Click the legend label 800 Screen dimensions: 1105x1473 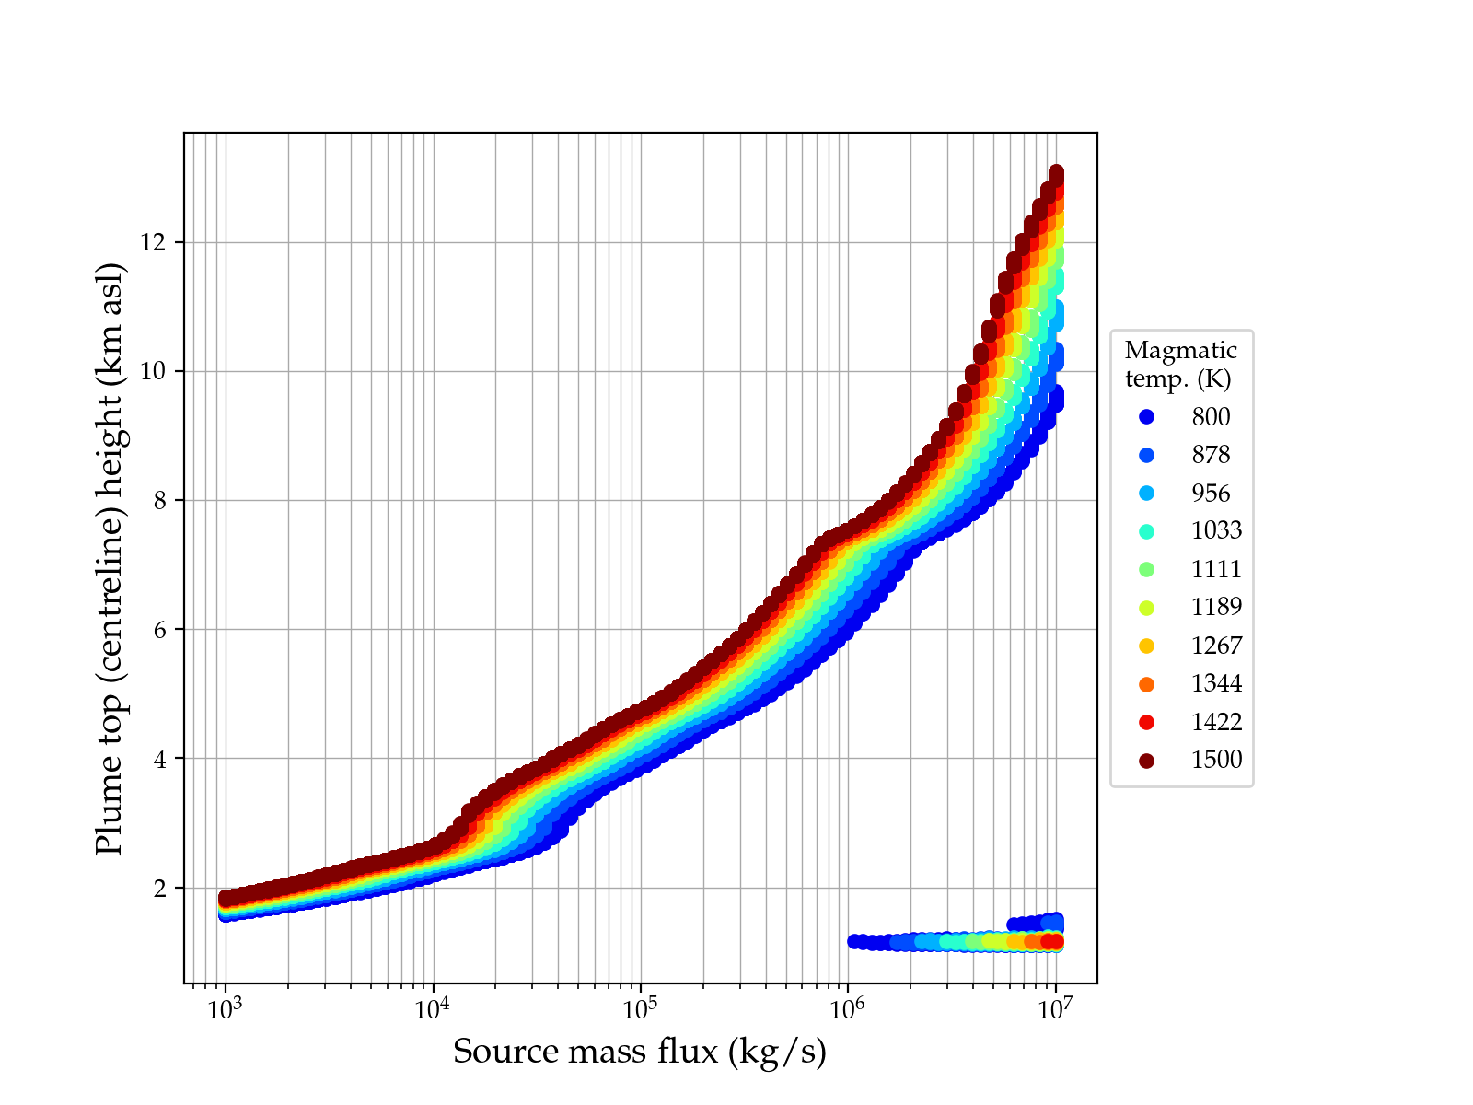coord(1211,417)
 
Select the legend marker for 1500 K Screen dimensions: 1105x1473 coord(1146,761)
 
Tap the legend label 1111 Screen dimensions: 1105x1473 coord(1216,570)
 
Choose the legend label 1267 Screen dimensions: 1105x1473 coord(1216,646)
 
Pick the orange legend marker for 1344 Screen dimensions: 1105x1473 coord(1146,684)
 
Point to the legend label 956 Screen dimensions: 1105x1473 coord(1211,494)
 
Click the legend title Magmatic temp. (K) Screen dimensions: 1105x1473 coord(1180,365)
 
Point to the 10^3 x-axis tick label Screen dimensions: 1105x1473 coord(225,1009)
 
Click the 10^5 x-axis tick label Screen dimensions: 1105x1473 coord(640,1009)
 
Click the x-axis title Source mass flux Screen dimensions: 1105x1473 coord(640,1052)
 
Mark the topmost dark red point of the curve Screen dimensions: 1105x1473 coord(1056,173)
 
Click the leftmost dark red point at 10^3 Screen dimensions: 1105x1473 coord(226,898)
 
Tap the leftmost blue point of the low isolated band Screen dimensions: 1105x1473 coord(854,941)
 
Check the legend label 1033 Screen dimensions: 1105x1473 coord(1216,531)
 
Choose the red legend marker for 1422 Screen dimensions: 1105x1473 coord(1146,723)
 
